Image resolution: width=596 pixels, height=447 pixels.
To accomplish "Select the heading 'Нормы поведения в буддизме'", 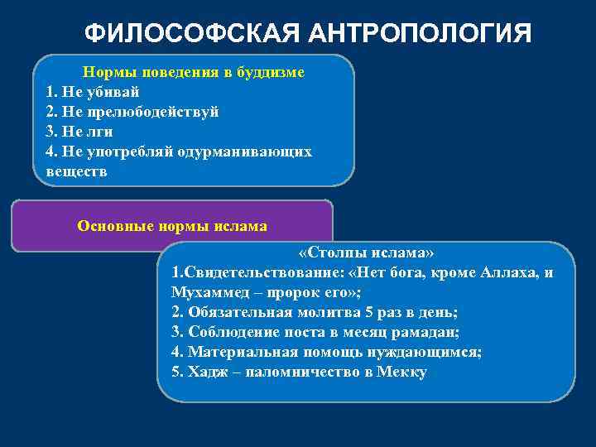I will pos(193,73).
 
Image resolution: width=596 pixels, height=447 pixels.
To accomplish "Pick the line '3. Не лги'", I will pos(79,132).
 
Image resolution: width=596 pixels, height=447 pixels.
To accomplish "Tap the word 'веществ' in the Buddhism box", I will pos(76,172).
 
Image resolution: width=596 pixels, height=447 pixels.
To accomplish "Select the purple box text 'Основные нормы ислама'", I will pos(171,225).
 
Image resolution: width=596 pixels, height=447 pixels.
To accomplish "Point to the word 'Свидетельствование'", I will pos(249,272).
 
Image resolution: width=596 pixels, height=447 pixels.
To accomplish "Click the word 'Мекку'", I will pos(401,372).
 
